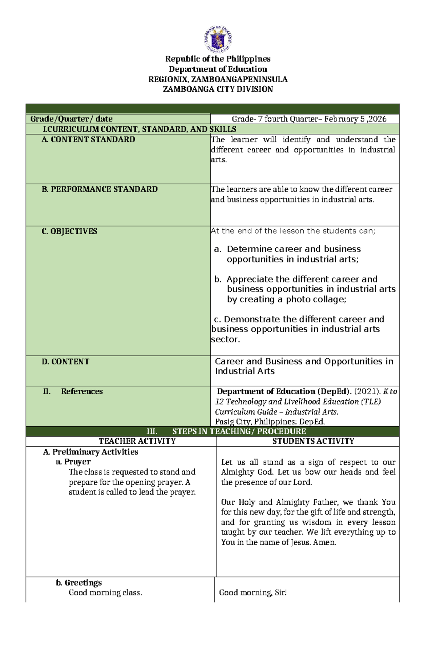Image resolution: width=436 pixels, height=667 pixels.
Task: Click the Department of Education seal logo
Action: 218,39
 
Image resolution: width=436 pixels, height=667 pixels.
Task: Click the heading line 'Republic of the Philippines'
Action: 218,59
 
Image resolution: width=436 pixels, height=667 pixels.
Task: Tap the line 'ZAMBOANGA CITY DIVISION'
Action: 218,89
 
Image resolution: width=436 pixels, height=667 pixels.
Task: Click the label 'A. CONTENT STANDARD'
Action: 88,140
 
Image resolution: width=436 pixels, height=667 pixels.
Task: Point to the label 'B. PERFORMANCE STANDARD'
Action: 100,189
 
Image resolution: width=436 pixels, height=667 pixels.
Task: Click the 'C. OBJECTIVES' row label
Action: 69,232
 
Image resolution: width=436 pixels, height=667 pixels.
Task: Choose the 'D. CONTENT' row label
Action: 65,362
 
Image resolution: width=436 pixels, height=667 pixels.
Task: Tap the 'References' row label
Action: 82,391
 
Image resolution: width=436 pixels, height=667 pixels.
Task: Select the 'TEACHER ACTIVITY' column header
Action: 137,441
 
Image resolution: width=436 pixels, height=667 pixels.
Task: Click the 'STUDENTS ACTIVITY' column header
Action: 313,441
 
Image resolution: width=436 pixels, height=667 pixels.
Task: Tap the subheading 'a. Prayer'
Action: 73,462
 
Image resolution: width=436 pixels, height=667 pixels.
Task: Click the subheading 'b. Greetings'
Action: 79,583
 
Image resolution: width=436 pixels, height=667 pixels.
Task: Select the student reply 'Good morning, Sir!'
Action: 253,593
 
